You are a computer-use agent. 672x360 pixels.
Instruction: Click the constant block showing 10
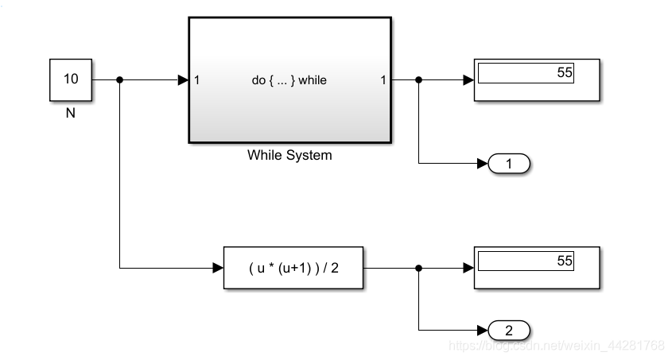click(x=70, y=79)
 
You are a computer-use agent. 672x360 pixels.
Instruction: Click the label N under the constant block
click(x=70, y=113)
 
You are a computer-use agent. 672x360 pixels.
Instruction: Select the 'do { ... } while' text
click(x=289, y=79)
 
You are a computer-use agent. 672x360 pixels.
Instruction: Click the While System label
click(x=289, y=155)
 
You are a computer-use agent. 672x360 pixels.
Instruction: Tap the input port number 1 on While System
click(x=196, y=79)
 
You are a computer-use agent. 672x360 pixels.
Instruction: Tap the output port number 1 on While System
click(x=383, y=79)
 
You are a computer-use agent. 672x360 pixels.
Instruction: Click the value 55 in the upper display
click(x=564, y=72)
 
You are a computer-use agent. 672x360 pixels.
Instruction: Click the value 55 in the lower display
click(x=564, y=261)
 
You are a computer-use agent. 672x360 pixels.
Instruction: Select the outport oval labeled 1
click(x=509, y=165)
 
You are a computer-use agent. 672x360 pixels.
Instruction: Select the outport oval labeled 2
click(x=509, y=330)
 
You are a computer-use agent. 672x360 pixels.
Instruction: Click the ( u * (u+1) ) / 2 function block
click(x=293, y=268)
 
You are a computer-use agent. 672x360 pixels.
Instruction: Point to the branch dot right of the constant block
click(x=119, y=79)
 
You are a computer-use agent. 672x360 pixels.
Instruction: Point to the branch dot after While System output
click(x=419, y=79)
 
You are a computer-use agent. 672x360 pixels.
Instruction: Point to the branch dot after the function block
click(x=419, y=268)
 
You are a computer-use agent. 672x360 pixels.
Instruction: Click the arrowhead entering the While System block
click(x=182, y=79)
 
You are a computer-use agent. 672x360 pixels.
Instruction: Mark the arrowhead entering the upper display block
click(x=468, y=79)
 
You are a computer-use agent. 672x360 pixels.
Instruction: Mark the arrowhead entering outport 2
click(x=482, y=330)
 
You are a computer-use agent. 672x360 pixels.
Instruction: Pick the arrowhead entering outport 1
click(x=482, y=165)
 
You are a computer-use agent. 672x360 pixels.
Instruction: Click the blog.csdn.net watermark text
click(x=556, y=346)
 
